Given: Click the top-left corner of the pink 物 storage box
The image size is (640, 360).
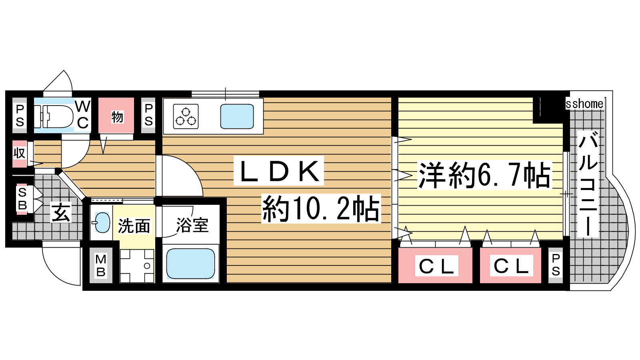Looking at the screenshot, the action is pos(98,98).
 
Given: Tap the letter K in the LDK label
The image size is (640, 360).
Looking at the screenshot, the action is pos(309,171).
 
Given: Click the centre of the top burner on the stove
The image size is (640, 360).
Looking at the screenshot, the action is pos(186,111).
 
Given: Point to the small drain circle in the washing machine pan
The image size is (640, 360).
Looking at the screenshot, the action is pos(147,266).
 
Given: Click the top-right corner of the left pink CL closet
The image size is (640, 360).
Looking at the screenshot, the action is pos(472,248).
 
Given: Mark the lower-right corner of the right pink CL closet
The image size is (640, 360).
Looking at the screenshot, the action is pos(541,283).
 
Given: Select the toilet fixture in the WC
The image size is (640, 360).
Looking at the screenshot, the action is pos(54,116).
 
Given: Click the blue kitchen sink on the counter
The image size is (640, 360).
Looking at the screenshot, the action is pos(237,116).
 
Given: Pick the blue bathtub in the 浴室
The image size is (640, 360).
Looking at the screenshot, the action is pos(190,264).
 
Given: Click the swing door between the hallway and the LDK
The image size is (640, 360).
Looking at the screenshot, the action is pos(179,176).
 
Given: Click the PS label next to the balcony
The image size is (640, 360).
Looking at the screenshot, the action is pos(556,265).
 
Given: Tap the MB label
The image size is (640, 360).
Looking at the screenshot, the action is pos(100,266).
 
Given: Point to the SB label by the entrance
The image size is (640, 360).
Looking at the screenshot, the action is pos(22,198).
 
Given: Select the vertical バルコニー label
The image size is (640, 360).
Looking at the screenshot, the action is pos(588,184).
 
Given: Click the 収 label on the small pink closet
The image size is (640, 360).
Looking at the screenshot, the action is pos(19,153).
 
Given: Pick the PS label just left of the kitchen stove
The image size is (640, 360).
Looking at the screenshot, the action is pos(148,115).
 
